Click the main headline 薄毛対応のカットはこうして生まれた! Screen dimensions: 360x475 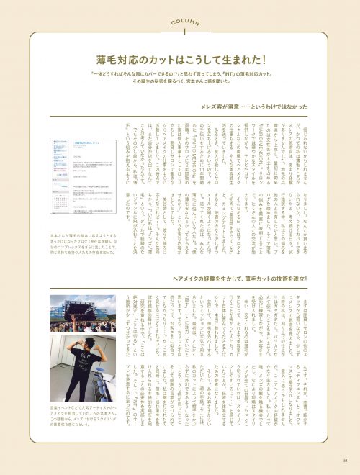pos(180,60)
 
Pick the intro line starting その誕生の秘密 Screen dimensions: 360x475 pos(180,83)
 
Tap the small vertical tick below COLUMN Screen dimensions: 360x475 pos(180,32)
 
